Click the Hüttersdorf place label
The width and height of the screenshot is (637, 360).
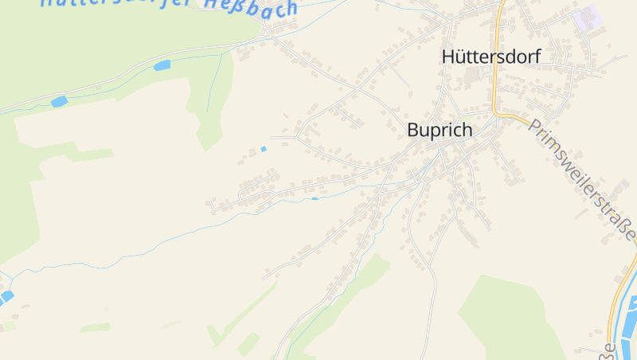490,57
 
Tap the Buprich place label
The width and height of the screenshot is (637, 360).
439,130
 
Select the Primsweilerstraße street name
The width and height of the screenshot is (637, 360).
582,180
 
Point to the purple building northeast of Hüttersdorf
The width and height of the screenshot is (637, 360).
588,17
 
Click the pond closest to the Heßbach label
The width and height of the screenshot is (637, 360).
162,65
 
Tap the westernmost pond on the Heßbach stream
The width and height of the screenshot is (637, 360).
59,101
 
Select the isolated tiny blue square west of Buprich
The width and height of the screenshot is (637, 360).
264,149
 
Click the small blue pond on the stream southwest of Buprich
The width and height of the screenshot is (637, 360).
315,198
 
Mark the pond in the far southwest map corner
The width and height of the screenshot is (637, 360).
6,297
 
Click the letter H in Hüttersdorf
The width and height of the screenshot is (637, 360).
447,57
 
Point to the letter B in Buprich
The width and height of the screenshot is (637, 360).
412,130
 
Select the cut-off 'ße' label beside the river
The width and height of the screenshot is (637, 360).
609,350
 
